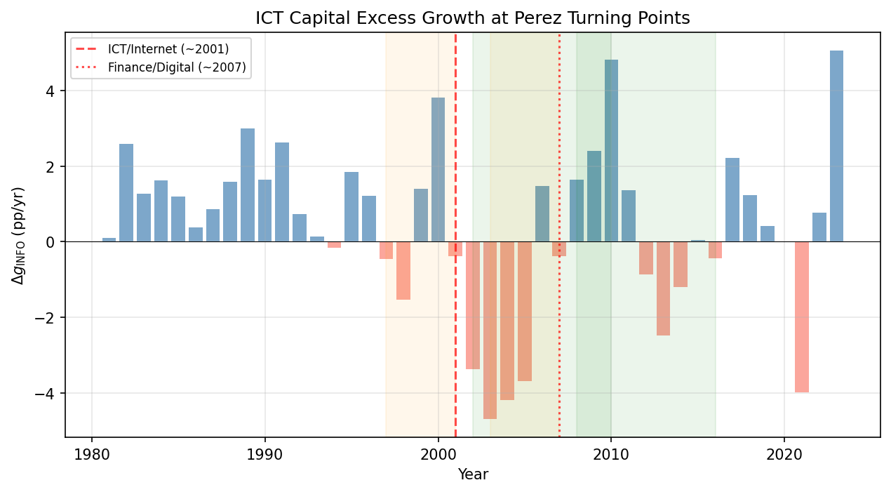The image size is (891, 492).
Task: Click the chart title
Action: tap(472, 18)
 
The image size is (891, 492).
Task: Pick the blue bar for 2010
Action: tap(611, 151)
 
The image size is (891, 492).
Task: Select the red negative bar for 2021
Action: tap(802, 317)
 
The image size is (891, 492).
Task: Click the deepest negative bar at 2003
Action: tap(490, 330)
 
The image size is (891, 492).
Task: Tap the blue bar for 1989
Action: tap(248, 185)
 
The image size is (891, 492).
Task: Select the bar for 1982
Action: tap(126, 193)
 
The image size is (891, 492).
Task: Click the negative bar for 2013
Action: tap(663, 288)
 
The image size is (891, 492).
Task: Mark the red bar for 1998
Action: tap(403, 271)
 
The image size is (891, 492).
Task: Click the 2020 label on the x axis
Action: tap(784, 453)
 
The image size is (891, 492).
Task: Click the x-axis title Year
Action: tap(472, 475)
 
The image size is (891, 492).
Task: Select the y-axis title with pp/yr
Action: tap(19, 235)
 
